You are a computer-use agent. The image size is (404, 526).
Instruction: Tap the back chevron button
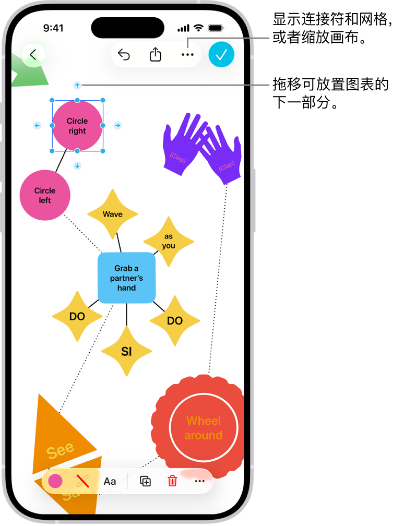pyautogui.click(x=33, y=55)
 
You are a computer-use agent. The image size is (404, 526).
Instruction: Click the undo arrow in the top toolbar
pyautogui.click(x=124, y=55)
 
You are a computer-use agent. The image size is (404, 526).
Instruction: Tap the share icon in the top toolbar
pyautogui.click(x=156, y=55)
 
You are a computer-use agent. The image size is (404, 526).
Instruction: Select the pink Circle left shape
pyautogui.click(x=45, y=195)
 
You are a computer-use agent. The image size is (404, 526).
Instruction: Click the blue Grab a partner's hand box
pyautogui.click(x=126, y=278)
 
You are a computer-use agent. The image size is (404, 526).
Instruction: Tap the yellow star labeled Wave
pyautogui.click(x=112, y=214)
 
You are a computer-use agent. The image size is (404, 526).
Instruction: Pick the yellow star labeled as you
pyautogui.click(x=169, y=241)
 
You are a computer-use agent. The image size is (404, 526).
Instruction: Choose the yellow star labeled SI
pyautogui.click(x=126, y=352)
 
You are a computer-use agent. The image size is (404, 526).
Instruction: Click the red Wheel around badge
pyautogui.click(x=203, y=427)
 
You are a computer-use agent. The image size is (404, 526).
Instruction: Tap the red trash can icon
pyautogui.click(x=172, y=481)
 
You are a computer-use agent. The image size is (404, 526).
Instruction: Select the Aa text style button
pyautogui.click(x=110, y=481)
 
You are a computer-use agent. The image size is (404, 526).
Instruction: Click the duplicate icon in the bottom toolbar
pyautogui.click(x=146, y=481)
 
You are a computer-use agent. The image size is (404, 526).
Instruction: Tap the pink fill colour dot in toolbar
pyautogui.click(x=55, y=481)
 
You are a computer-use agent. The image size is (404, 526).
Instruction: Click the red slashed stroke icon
pyautogui.click(x=82, y=481)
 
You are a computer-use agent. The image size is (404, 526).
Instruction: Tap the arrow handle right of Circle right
pyautogui.click(x=117, y=125)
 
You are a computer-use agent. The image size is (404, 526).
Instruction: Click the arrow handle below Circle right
pyautogui.click(x=77, y=165)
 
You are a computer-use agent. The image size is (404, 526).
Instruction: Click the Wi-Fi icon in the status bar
pyautogui.click(x=198, y=28)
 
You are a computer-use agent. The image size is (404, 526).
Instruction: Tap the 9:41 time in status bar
pyautogui.click(x=53, y=28)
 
